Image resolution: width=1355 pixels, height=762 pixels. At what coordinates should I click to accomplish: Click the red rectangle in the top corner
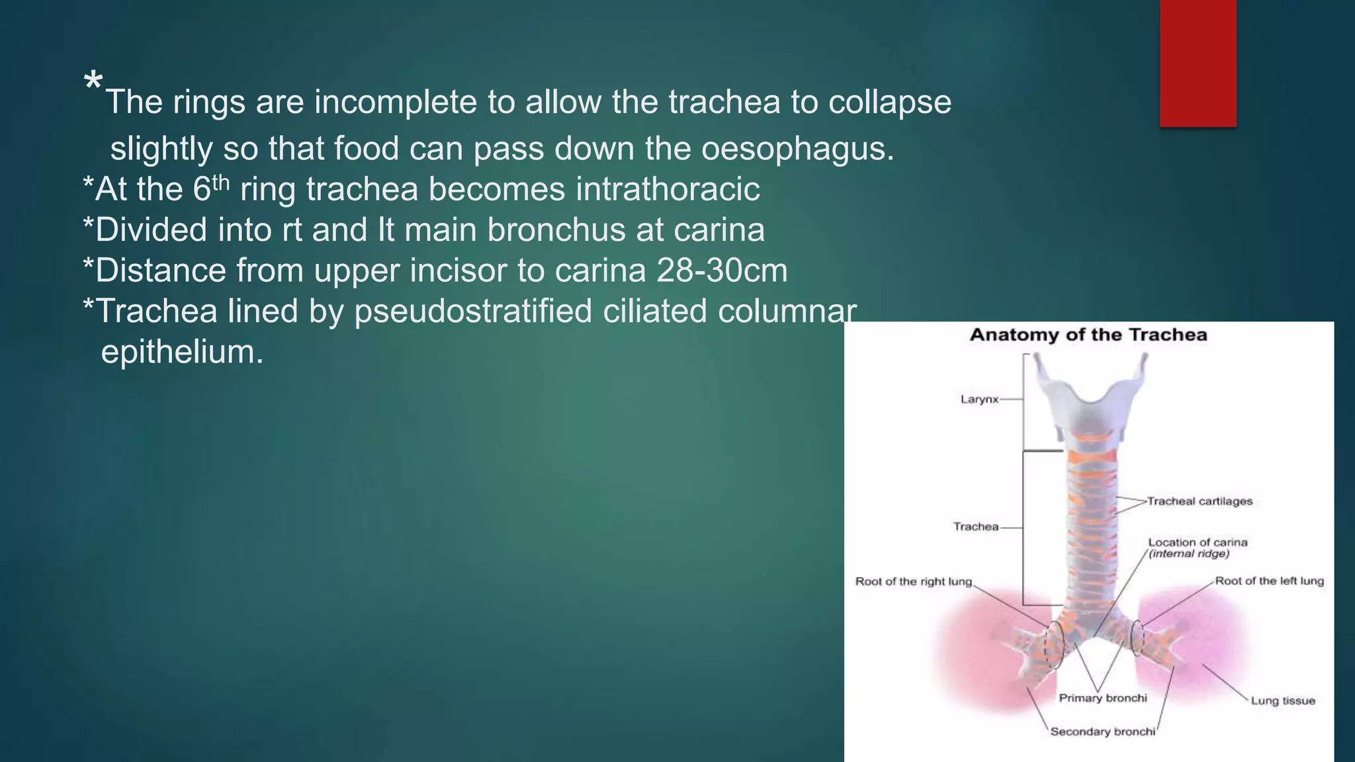pos(1198,63)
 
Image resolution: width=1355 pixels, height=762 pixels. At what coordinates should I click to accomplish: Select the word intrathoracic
pos(668,189)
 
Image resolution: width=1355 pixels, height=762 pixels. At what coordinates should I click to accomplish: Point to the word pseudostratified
pos(473,312)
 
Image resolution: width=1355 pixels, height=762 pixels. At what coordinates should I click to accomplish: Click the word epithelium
pos(182,352)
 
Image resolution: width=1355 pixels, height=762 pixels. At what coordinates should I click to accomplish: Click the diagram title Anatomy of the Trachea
pos(1088,335)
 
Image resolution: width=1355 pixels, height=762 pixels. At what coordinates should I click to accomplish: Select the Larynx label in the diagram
pos(979,400)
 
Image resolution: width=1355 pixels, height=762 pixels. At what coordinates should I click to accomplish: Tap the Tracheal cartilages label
pos(1200,501)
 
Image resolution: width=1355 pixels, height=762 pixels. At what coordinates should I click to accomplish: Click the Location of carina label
pos(1198,542)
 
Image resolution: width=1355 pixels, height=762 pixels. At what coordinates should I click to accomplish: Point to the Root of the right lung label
pos(913,581)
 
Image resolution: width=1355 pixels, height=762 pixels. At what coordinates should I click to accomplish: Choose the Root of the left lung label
pos(1269,581)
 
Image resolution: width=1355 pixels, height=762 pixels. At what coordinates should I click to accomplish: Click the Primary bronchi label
pos(1102,698)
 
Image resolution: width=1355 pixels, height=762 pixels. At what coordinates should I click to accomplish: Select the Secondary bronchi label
pos(1102,732)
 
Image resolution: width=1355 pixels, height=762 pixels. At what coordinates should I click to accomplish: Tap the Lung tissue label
pos(1282,701)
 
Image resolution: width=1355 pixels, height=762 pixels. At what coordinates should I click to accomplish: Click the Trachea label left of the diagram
pos(975,527)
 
